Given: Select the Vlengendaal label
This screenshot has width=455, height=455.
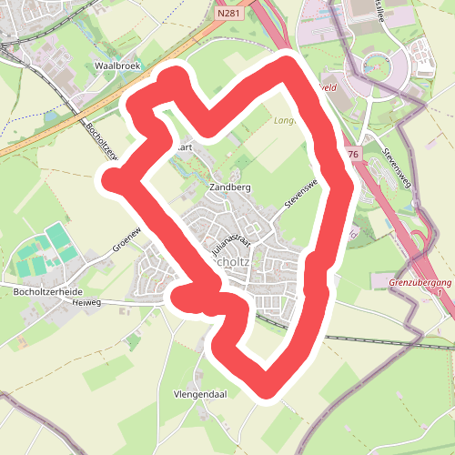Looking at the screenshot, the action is pyautogui.click(x=199, y=396).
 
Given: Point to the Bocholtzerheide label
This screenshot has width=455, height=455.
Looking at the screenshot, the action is pyautogui.click(x=49, y=291).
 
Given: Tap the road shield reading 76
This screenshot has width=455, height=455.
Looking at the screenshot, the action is pyautogui.click(x=353, y=155).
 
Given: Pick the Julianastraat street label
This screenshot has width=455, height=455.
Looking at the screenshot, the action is pyautogui.click(x=230, y=246).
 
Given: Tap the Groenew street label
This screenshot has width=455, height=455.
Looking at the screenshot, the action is pyautogui.click(x=128, y=239).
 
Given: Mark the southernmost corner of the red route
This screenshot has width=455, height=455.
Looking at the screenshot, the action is pyautogui.click(x=268, y=389).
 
